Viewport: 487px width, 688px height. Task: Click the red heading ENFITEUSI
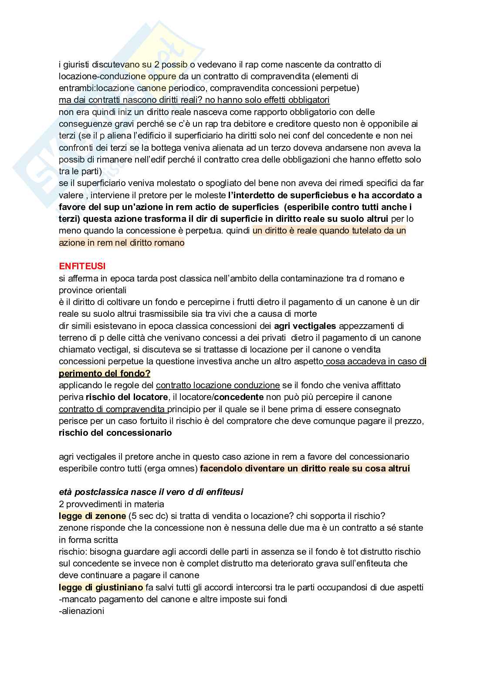click(x=82, y=266)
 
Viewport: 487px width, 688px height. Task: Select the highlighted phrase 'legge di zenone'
click(x=92, y=516)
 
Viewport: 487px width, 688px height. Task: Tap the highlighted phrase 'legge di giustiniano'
click(x=101, y=587)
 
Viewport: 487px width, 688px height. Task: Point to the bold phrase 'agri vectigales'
click(x=305, y=326)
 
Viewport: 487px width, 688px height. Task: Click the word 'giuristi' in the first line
click(x=77, y=64)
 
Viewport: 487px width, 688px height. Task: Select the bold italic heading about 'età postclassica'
click(x=151, y=492)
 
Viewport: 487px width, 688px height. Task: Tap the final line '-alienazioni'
click(x=81, y=611)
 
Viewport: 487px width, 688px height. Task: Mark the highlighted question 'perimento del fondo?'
click(x=105, y=373)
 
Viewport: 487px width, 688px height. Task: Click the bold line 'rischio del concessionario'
click(x=115, y=433)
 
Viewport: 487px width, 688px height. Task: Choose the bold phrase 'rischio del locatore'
click(x=127, y=397)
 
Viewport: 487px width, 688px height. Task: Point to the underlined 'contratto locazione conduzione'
click(x=218, y=385)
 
